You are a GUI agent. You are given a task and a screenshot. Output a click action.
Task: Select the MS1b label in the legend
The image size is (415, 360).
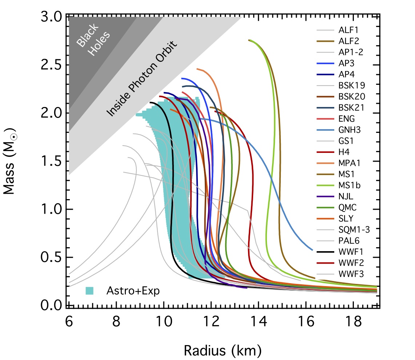(348, 185)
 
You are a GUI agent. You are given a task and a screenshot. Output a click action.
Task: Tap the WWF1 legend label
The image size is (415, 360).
(348, 252)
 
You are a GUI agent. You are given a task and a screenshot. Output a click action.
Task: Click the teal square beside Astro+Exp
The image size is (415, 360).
(89, 290)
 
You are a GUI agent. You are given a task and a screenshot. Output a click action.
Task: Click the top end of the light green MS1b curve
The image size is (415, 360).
(250, 40)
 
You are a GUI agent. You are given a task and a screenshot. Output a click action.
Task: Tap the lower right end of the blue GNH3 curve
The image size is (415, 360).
(312, 250)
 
